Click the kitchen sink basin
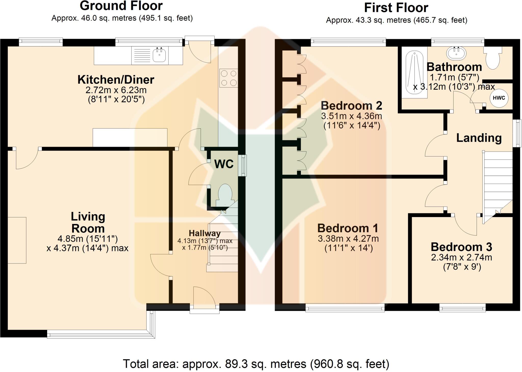pyautogui.click(x=159, y=55)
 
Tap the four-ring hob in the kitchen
pyautogui.click(x=229, y=78)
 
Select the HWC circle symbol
pyautogui.click(x=499, y=98)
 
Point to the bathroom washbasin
pyautogui.click(x=456, y=54)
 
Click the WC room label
pyautogui.click(x=224, y=164)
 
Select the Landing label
pyautogui.click(x=479, y=138)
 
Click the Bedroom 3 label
pyautogui.click(x=461, y=247)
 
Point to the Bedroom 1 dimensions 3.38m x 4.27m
pyautogui.click(x=348, y=239)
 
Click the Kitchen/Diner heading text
pyautogui.click(x=116, y=80)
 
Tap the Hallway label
pyautogui.click(x=205, y=233)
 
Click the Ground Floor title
pyautogui.click(x=121, y=6)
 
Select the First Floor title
pyautogui.click(x=396, y=8)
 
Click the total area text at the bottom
pyautogui.click(x=256, y=364)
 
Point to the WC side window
pyautogui.click(x=242, y=165)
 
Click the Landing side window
pyautogui.click(x=517, y=133)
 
